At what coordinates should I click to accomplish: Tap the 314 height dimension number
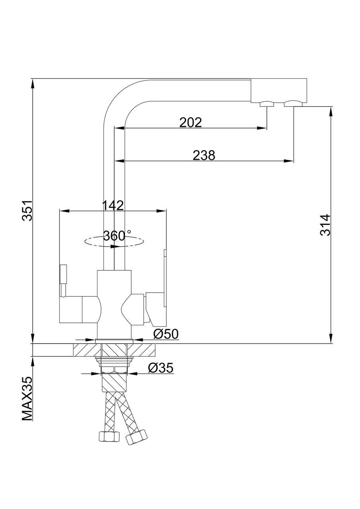coord(325,225)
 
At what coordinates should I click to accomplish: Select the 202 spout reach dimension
coord(191,122)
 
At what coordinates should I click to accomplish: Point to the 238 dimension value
coord(204,155)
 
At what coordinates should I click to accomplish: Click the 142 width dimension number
coord(113,205)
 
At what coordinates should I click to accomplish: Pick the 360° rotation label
coord(117,236)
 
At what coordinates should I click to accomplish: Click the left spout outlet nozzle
coord(267,104)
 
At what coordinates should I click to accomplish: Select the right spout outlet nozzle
coord(293,104)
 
